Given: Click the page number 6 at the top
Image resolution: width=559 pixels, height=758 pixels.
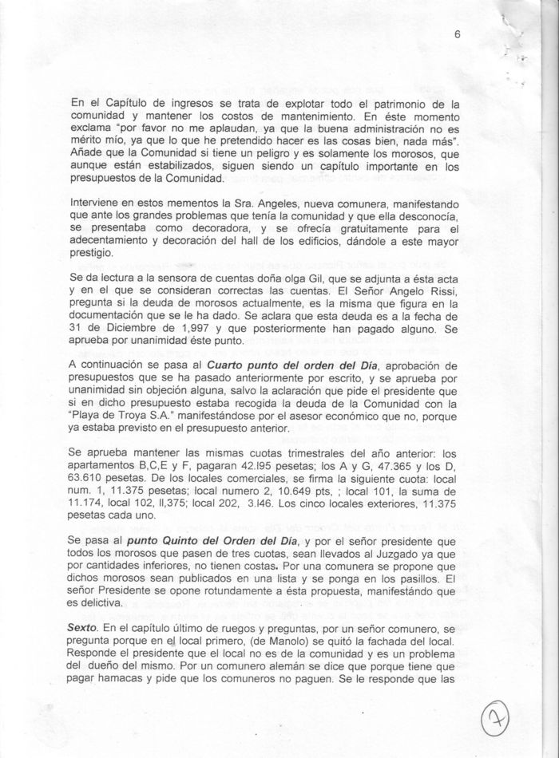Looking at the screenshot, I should [x=458, y=34].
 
